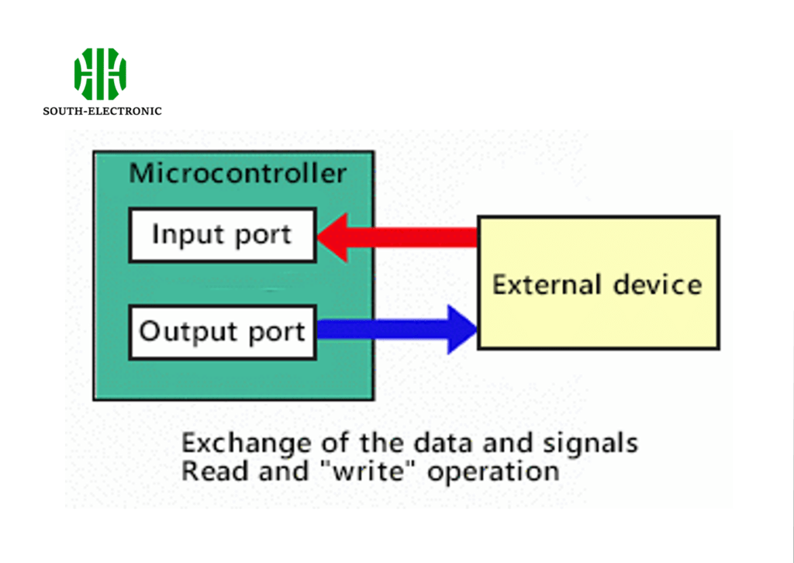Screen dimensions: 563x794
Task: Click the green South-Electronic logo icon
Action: (100, 74)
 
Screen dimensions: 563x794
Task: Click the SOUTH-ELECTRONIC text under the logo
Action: (102, 111)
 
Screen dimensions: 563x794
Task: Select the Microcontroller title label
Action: (237, 173)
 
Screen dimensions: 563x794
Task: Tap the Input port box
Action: (223, 234)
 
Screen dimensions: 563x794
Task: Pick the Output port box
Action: (223, 333)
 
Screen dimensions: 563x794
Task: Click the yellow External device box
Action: (598, 283)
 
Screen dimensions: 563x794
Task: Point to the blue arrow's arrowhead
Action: (462, 330)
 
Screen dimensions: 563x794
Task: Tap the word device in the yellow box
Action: (658, 285)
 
